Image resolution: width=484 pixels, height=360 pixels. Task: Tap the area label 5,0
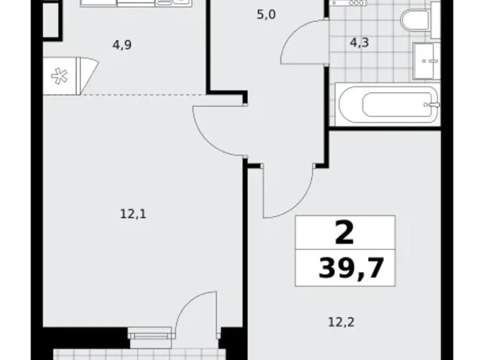pyautogui.click(x=266, y=14)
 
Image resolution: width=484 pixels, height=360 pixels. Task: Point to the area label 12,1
pyautogui.click(x=133, y=215)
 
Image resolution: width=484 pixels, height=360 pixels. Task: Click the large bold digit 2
pyautogui.click(x=344, y=233)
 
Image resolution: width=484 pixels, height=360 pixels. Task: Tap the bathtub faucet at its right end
pyautogui.click(x=432, y=104)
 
